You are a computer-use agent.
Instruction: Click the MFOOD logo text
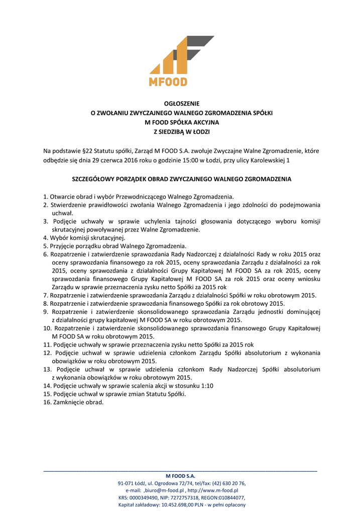[x=168, y=81]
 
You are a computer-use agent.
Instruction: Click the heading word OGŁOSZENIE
[x=182, y=104]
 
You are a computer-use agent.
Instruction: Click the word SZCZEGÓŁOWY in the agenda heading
[x=93, y=179]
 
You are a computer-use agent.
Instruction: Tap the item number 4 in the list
[x=45, y=237]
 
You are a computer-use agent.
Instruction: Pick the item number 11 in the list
[x=47, y=345]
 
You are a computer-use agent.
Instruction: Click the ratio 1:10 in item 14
[x=207, y=386]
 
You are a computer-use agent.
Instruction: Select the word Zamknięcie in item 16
[x=67, y=402]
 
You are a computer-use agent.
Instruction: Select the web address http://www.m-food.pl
[x=212, y=490]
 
